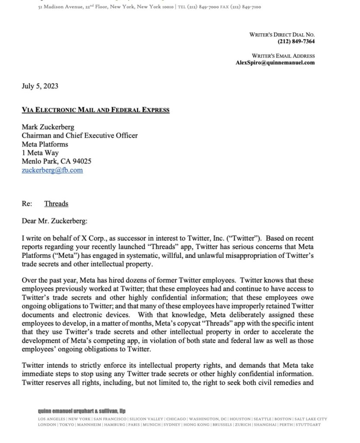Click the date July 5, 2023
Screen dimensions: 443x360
pos(40,86)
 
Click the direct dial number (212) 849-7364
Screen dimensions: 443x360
pos(296,41)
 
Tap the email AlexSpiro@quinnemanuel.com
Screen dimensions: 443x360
pos(275,62)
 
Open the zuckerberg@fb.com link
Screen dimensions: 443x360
pos(52,170)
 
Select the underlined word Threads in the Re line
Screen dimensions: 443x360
pos(56,203)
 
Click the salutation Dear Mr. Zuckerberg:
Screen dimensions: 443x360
pos(54,221)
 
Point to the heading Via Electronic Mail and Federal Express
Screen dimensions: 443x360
pos(96,110)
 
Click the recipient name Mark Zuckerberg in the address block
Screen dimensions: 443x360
pos(48,127)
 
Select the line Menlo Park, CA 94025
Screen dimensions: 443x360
pos(57,161)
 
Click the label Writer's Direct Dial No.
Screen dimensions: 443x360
pos(282,34)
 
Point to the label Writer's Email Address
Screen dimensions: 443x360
pos(283,55)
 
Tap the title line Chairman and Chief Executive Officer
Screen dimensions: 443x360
pos(80,135)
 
